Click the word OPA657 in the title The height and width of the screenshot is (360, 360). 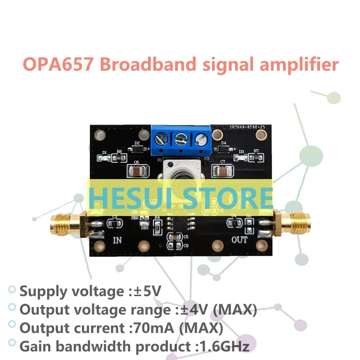[57, 64]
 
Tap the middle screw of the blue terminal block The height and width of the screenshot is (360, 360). [181, 138]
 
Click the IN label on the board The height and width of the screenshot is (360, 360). [117, 239]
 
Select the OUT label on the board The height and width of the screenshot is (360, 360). [239, 239]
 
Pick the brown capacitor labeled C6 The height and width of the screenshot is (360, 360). [137, 171]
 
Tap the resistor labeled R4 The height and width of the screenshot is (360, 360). [157, 226]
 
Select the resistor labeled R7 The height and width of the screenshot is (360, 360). [256, 157]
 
